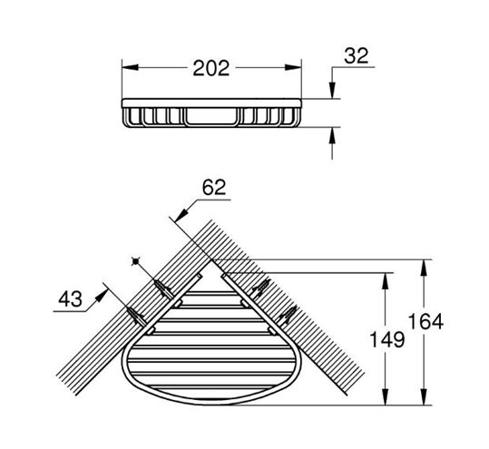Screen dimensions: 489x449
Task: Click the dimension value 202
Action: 211,68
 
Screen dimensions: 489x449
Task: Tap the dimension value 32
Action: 357,56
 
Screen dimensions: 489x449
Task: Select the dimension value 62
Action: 214,188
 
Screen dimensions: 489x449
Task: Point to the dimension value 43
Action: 71,299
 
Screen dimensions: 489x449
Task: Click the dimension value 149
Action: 387,339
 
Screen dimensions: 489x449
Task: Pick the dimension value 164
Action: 426,322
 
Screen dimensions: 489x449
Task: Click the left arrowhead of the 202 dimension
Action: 130,67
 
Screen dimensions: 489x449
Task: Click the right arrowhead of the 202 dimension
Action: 293,67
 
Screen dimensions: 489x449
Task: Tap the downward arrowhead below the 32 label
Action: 332,91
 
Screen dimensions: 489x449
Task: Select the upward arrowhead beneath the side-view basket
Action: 332,135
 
